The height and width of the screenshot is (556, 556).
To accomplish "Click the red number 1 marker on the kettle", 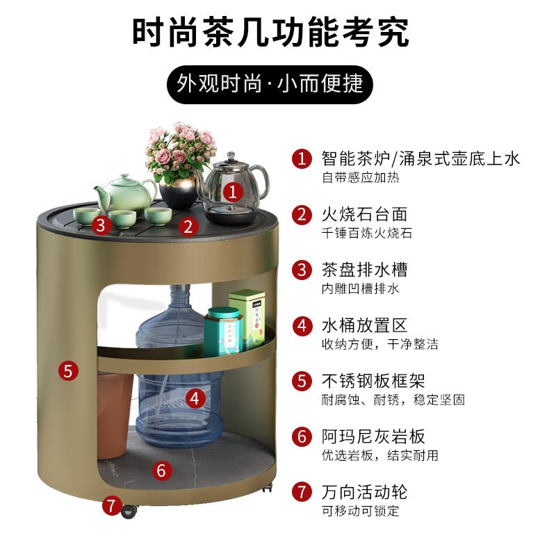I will pyautogui.click(x=234, y=188).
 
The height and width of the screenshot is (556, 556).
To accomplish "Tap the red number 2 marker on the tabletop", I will pyautogui.click(x=187, y=226).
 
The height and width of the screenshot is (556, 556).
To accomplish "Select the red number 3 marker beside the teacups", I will pyautogui.click(x=101, y=224).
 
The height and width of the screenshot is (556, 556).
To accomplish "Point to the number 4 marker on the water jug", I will pyautogui.click(x=197, y=398).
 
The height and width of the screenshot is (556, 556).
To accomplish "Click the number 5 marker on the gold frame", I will pyautogui.click(x=67, y=370).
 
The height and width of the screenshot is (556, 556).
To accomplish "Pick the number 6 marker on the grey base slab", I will pyautogui.click(x=161, y=471).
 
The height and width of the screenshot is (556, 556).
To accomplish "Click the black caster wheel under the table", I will pyautogui.click(x=129, y=511).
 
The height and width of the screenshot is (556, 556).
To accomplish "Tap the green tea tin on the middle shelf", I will pyautogui.click(x=248, y=317).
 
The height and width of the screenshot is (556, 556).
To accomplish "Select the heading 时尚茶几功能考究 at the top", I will pyautogui.click(x=270, y=31).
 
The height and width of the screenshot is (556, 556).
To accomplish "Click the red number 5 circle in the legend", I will pyautogui.click(x=301, y=381).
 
